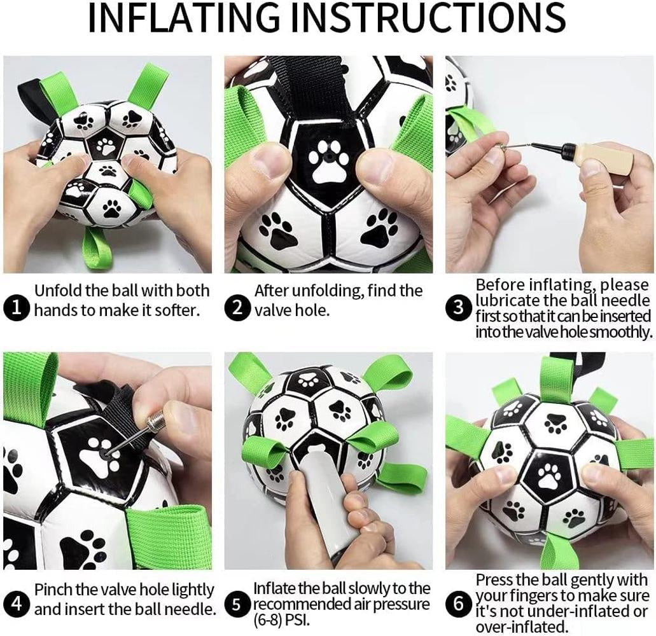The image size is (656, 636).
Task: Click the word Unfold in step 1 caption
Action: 57,291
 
